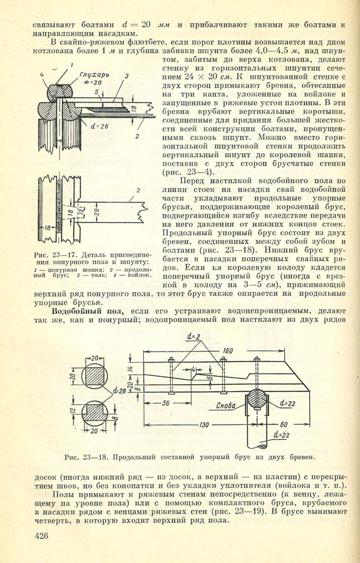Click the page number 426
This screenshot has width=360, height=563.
click(x=41, y=536)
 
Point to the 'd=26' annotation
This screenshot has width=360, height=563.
click(x=100, y=126)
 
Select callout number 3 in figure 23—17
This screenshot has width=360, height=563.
click(x=126, y=76)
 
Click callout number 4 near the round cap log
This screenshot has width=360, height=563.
click(x=42, y=74)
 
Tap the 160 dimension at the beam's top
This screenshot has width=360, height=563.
click(x=228, y=350)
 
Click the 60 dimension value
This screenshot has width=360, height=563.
click(x=284, y=424)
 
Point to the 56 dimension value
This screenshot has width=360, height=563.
click(x=165, y=403)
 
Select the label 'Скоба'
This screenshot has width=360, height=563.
click(x=226, y=406)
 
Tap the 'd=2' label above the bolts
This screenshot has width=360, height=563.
click(x=193, y=337)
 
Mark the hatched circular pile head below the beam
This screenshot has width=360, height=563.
click(x=257, y=398)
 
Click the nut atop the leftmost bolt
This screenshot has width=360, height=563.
click(x=171, y=360)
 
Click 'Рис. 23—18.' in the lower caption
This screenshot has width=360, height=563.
click(x=87, y=457)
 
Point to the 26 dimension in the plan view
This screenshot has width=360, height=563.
click(x=96, y=211)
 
